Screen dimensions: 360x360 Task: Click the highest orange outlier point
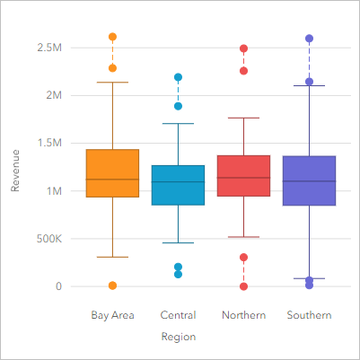(x=112, y=37)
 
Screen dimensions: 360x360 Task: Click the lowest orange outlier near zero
(x=112, y=285)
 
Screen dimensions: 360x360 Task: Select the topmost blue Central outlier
(x=178, y=77)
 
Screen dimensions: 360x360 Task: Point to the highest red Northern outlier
(x=243, y=48)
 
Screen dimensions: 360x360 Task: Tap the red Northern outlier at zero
(x=243, y=286)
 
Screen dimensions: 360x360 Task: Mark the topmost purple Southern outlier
(x=309, y=39)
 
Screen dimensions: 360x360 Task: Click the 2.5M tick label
(x=48, y=47)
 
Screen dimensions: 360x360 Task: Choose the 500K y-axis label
(x=47, y=239)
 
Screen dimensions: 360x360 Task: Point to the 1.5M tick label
(x=48, y=143)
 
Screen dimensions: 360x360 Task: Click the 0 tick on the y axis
(x=58, y=286)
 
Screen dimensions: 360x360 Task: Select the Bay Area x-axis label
(x=112, y=315)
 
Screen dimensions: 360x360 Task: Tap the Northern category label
(x=243, y=315)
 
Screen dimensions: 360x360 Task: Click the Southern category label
(x=309, y=315)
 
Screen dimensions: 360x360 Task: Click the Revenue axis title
(x=15, y=171)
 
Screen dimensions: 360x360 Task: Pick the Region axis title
(x=178, y=337)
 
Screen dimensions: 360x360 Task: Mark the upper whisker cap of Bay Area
(x=112, y=83)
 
